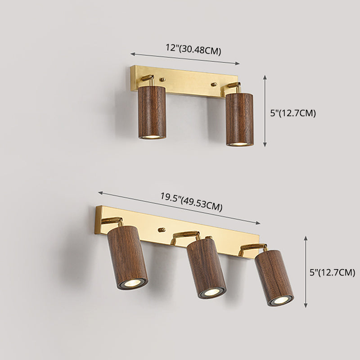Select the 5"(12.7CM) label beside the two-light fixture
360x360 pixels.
tap(293, 113)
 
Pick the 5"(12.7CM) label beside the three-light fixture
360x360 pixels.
tap(332, 272)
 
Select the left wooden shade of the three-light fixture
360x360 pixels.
tap(127, 256)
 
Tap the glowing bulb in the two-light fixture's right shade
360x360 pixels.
tap(240, 142)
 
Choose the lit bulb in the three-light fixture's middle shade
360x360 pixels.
tap(211, 294)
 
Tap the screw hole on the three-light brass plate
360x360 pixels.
tap(161, 229)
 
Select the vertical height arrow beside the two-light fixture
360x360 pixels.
tap(265, 111)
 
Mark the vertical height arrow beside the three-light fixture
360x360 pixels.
tap(306, 272)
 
